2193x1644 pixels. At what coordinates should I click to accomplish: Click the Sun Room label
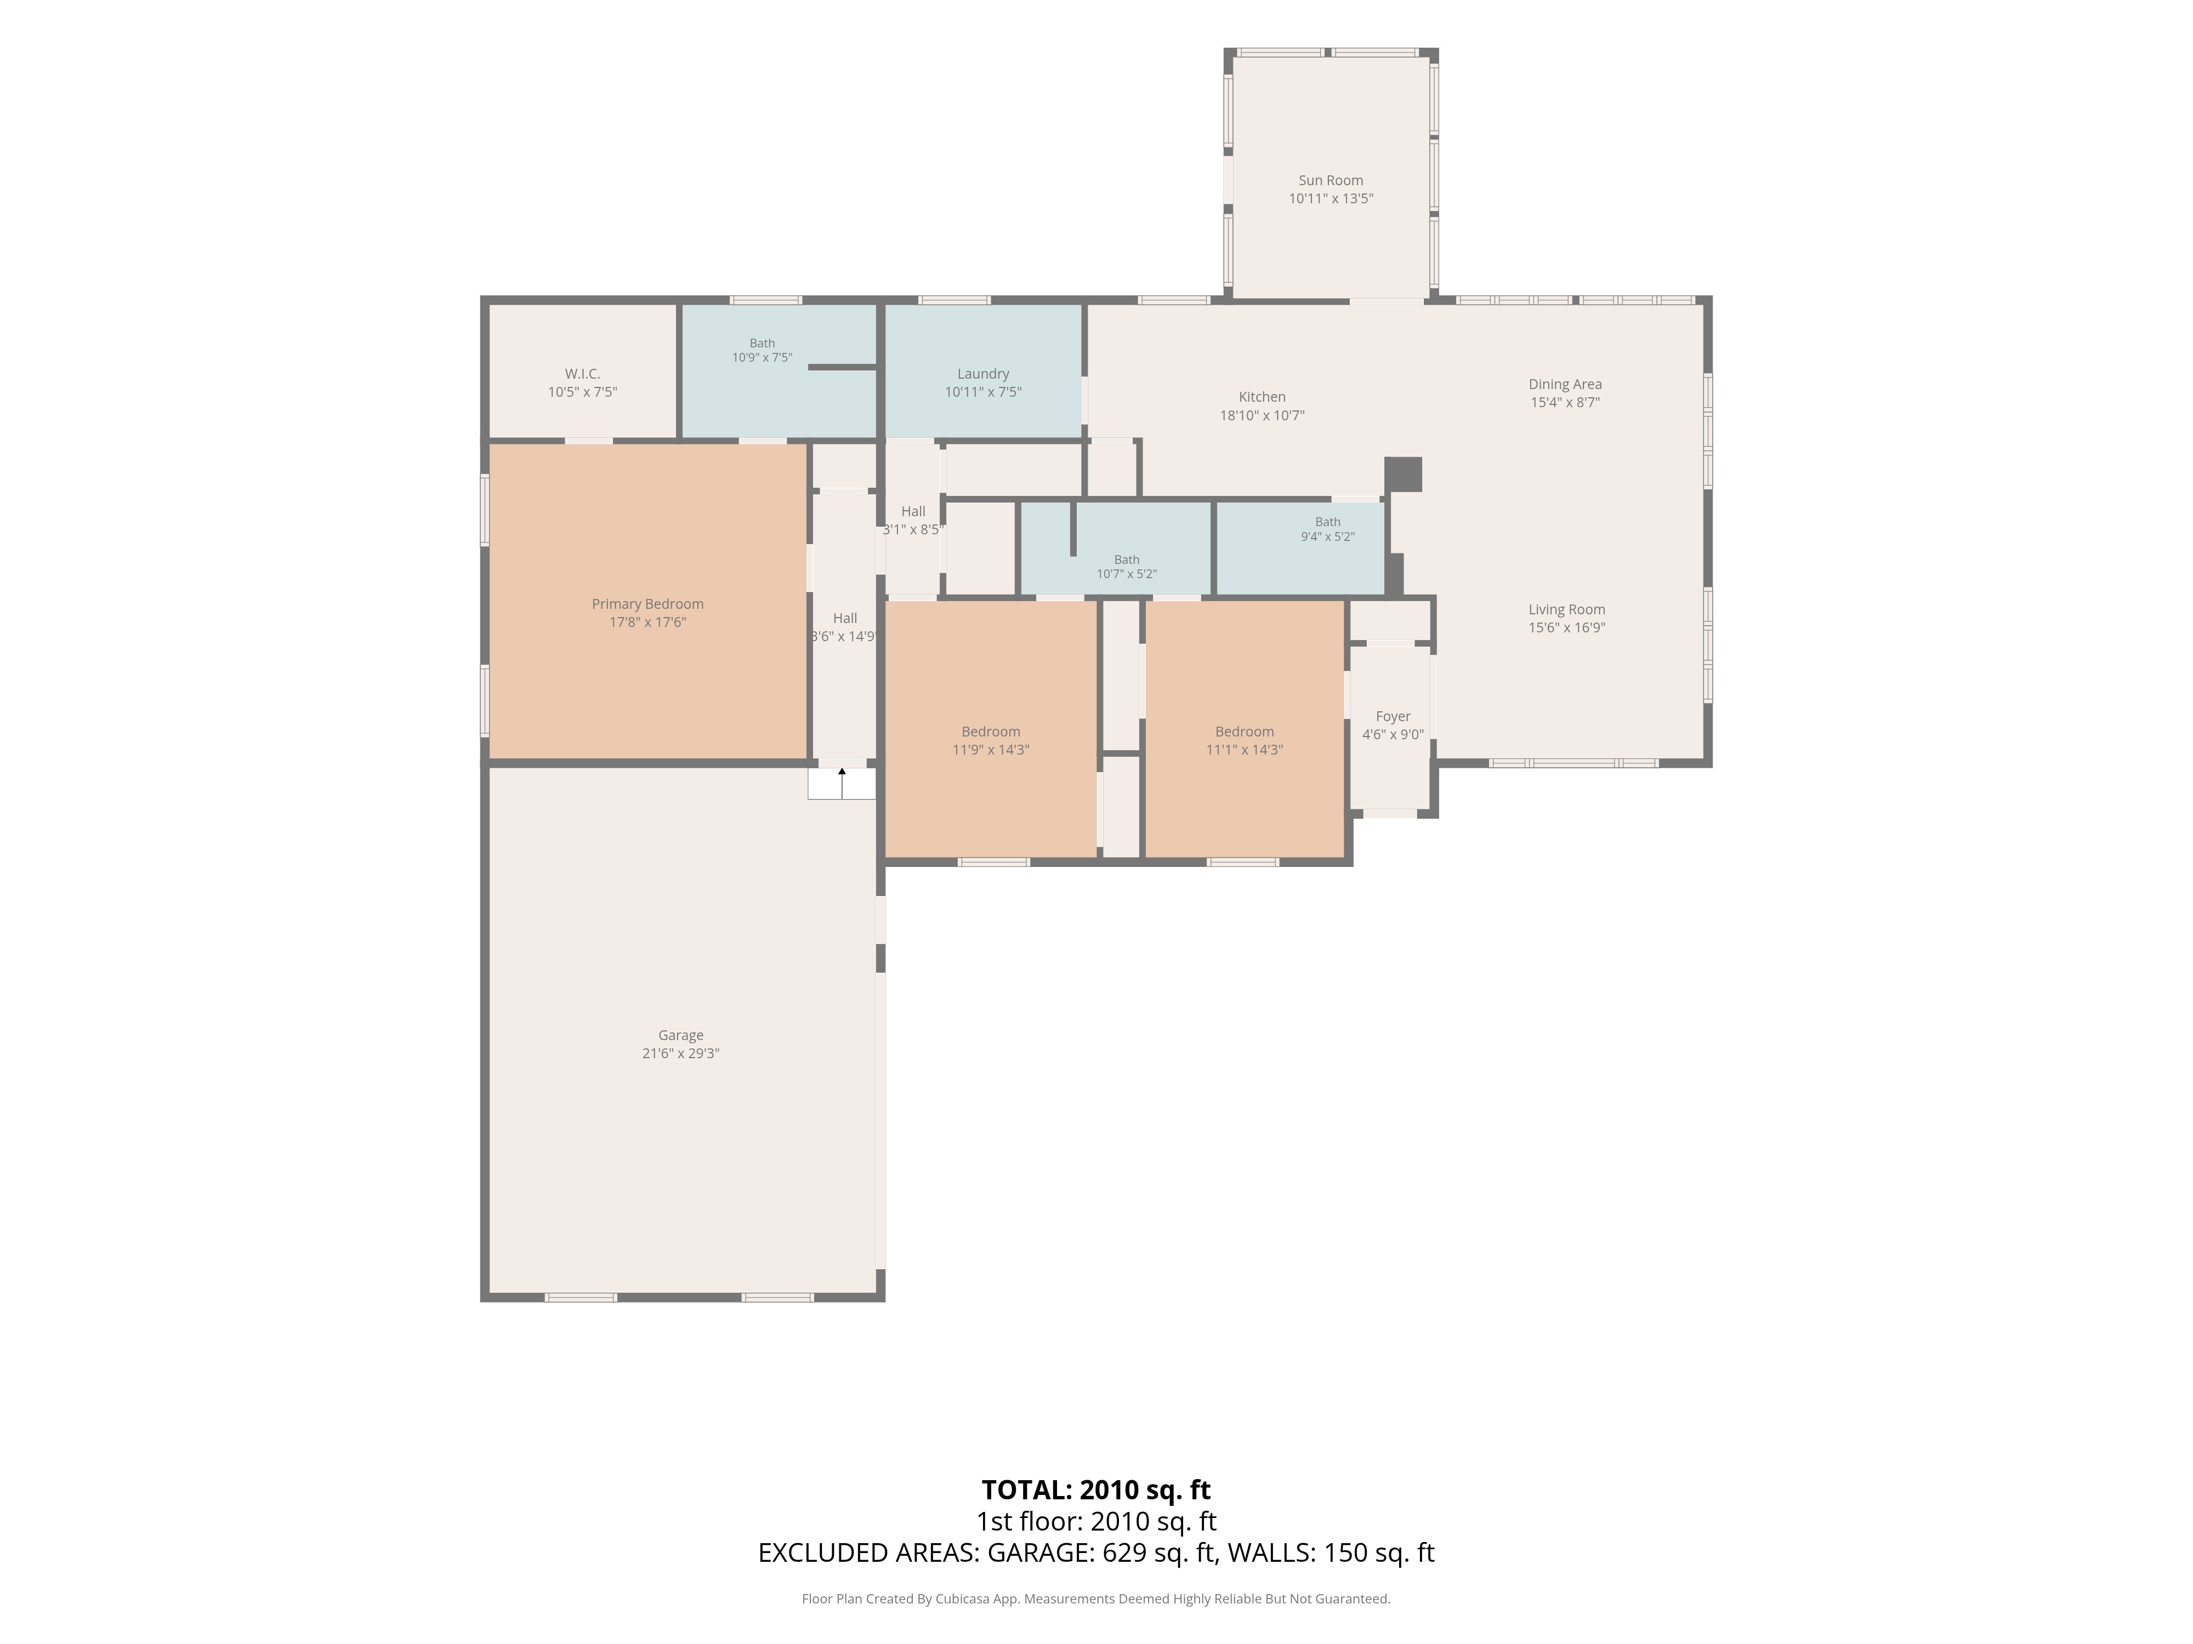[1331, 180]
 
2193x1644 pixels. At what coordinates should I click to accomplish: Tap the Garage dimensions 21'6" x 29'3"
[680, 1053]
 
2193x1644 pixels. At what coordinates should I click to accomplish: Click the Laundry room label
[982, 374]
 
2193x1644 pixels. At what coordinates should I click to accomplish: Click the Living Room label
[1566, 609]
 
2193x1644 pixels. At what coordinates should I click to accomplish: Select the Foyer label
[1393, 716]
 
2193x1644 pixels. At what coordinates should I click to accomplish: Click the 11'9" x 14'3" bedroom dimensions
[991, 750]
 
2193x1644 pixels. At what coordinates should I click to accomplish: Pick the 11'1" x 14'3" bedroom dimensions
[1244, 750]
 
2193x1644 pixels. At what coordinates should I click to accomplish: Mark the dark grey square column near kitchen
[1403, 473]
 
